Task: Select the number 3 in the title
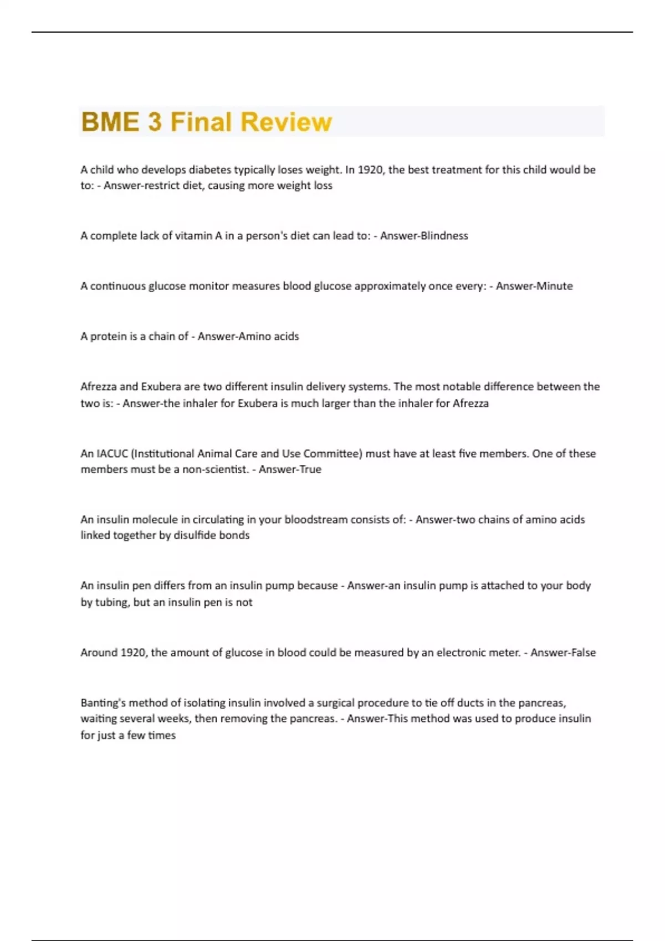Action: tap(155, 122)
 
